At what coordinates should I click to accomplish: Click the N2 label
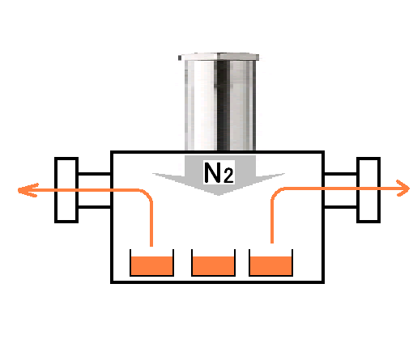219,173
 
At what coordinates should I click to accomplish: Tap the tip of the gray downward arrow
219,195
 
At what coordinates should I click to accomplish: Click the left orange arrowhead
28,190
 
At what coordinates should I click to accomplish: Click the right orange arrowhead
403,188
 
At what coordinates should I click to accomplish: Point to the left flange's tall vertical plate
66,190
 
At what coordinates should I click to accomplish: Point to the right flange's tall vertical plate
368,190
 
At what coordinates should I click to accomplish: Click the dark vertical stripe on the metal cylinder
224,105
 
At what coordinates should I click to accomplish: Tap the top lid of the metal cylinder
219,57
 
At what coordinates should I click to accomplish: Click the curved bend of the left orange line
147,194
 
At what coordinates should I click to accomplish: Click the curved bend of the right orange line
276,193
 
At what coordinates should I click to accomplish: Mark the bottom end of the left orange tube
151,246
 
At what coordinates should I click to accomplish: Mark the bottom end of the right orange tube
272,243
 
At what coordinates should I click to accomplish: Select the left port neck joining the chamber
95,190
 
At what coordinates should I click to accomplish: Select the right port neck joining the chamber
340,190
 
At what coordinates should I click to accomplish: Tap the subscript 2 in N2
228,176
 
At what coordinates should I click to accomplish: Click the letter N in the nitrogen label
213,172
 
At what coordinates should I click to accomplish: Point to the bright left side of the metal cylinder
201,105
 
